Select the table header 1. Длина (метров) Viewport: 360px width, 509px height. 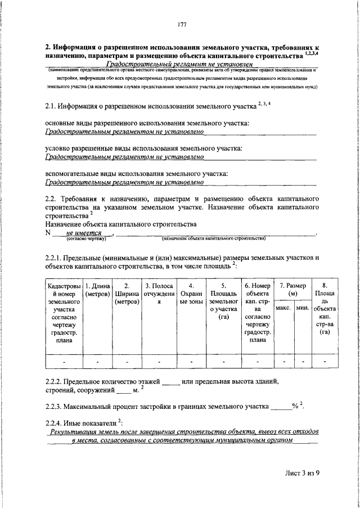pos(97,289)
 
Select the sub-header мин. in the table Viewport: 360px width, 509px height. pos(303,308)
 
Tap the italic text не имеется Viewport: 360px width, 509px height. pos(83,233)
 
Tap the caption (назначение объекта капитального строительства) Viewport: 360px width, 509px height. pos(213,239)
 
